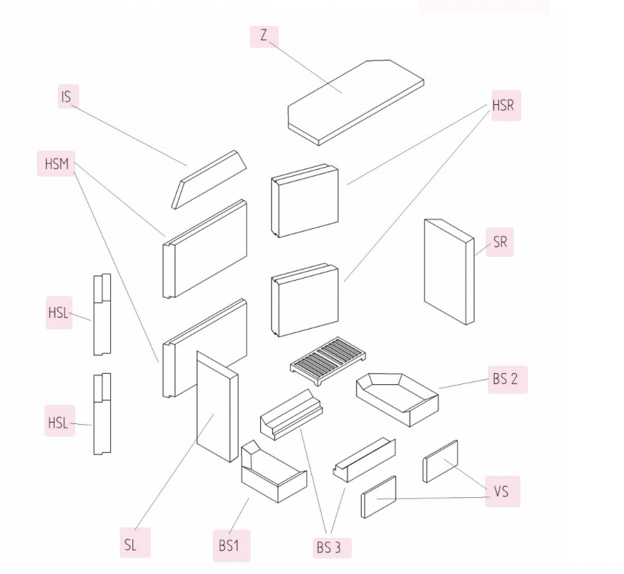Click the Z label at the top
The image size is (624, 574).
click(264, 35)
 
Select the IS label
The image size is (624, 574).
click(67, 97)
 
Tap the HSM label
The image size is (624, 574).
click(56, 163)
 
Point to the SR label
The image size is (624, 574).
click(500, 242)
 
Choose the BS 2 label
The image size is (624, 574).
click(506, 380)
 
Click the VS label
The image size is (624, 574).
click(501, 491)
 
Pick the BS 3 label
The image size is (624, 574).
click(330, 547)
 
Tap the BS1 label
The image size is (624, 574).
click(230, 547)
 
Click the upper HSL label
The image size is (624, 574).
click(58, 312)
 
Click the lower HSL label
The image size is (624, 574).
click(58, 423)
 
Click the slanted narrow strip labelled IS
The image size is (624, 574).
click(209, 178)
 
